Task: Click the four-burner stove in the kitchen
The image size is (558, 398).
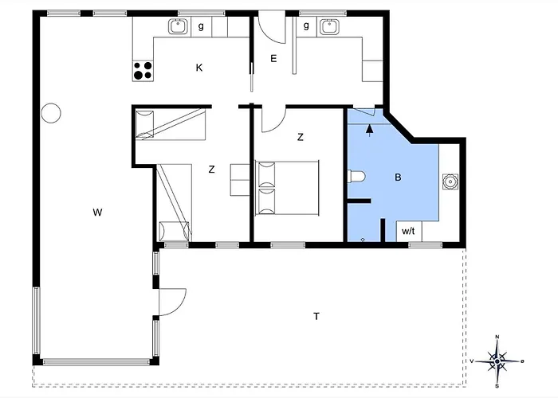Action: [x=143, y=70]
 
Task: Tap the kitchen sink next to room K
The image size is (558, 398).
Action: [x=178, y=26]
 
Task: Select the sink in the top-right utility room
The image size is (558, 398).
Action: [x=329, y=26]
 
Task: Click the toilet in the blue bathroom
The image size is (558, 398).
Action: [x=356, y=176]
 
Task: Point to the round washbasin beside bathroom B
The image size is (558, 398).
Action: [x=450, y=181]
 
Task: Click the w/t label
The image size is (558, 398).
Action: [x=408, y=232]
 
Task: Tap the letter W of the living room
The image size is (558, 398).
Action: [x=97, y=213]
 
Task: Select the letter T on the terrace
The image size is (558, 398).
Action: [x=316, y=316]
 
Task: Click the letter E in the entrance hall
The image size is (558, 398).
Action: [x=273, y=59]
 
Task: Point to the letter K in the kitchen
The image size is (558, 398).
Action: [x=199, y=68]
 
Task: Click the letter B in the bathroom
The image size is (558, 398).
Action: [x=398, y=177]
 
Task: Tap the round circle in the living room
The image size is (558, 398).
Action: [x=51, y=113]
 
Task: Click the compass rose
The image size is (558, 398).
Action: [x=497, y=361]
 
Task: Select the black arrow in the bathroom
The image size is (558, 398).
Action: [x=370, y=130]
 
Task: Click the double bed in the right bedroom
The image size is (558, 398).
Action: [x=287, y=188]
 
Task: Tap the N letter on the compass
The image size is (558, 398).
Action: [x=497, y=337]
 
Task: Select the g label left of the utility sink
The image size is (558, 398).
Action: [x=306, y=25]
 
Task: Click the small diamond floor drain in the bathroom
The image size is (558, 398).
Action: [x=363, y=240]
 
